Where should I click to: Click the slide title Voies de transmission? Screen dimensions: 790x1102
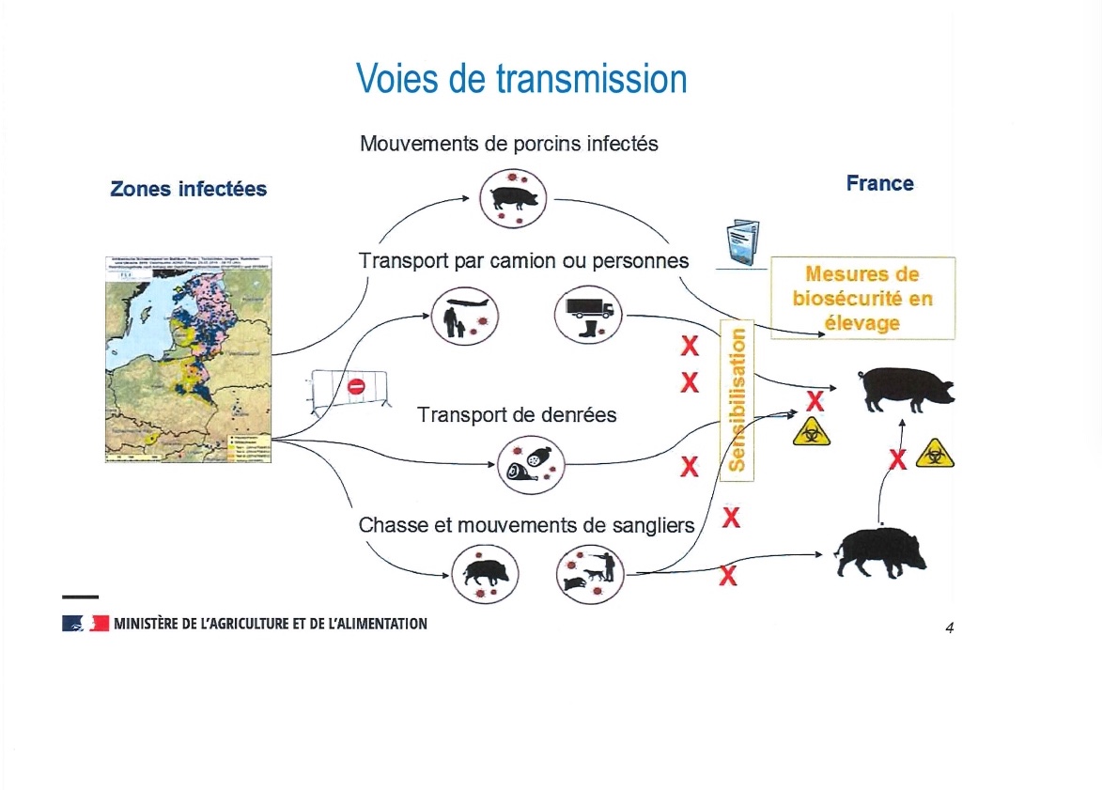point(521,79)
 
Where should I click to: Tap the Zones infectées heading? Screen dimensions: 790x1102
point(188,189)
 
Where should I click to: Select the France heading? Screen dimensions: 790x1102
point(879,182)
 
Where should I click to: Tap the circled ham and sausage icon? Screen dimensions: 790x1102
point(530,465)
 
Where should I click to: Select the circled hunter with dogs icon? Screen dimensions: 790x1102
point(590,573)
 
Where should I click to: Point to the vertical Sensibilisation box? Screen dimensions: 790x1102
point(737,399)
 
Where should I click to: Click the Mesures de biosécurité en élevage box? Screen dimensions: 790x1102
point(863,298)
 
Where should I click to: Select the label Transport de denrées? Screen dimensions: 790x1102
point(517,414)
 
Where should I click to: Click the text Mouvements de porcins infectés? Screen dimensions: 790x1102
point(509,145)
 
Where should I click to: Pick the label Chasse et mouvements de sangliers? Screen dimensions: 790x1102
point(526,525)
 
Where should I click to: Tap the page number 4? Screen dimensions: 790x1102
point(950,628)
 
